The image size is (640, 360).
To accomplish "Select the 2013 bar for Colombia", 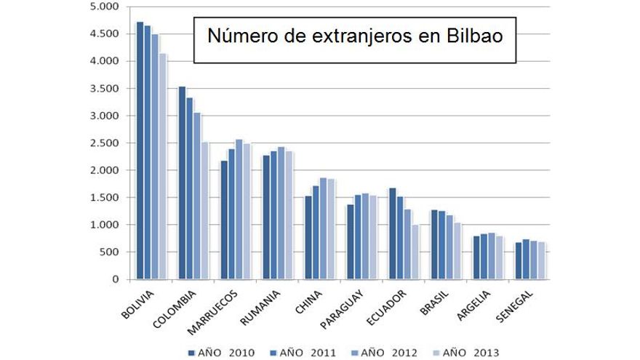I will pyautogui.click(x=205, y=211).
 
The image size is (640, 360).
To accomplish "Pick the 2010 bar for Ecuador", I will pyautogui.click(x=393, y=233).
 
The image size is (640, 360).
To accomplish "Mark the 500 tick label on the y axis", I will pyautogui.click(x=109, y=252).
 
